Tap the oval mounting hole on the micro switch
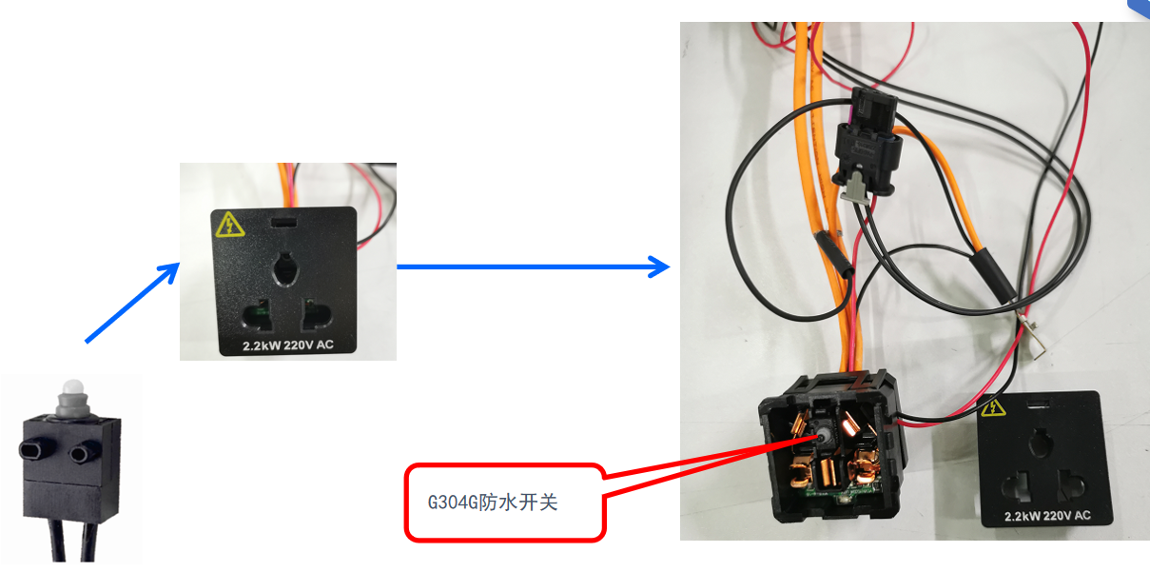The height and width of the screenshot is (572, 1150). click(41, 449)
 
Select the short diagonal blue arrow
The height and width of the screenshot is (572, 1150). click(132, 302)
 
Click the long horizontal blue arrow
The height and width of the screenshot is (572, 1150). click(533, 266)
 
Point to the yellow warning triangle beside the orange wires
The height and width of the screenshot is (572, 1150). click(228, 225)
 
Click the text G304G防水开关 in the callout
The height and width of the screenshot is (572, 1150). click(493, 502)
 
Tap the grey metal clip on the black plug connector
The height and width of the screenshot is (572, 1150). click(856, 186)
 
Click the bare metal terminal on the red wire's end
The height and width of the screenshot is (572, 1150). click(1031, 335)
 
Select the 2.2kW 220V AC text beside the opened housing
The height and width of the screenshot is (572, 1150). click(1046, 517)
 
